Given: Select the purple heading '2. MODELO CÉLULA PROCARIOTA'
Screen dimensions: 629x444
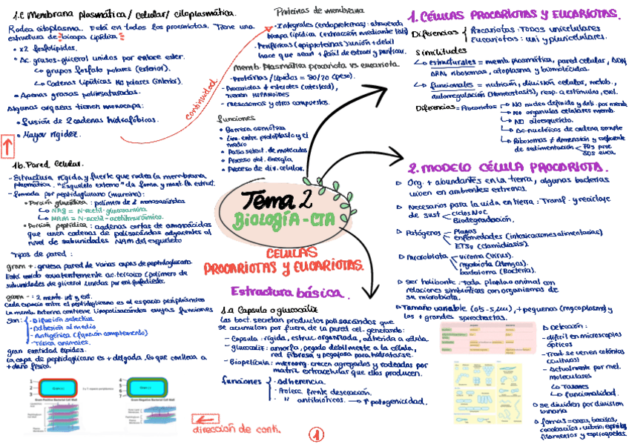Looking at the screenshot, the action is [x=508, y=168].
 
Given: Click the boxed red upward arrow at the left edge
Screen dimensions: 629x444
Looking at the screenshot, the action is [x=6, y=145].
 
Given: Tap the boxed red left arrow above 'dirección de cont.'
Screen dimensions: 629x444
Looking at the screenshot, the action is [x=200, y=419].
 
